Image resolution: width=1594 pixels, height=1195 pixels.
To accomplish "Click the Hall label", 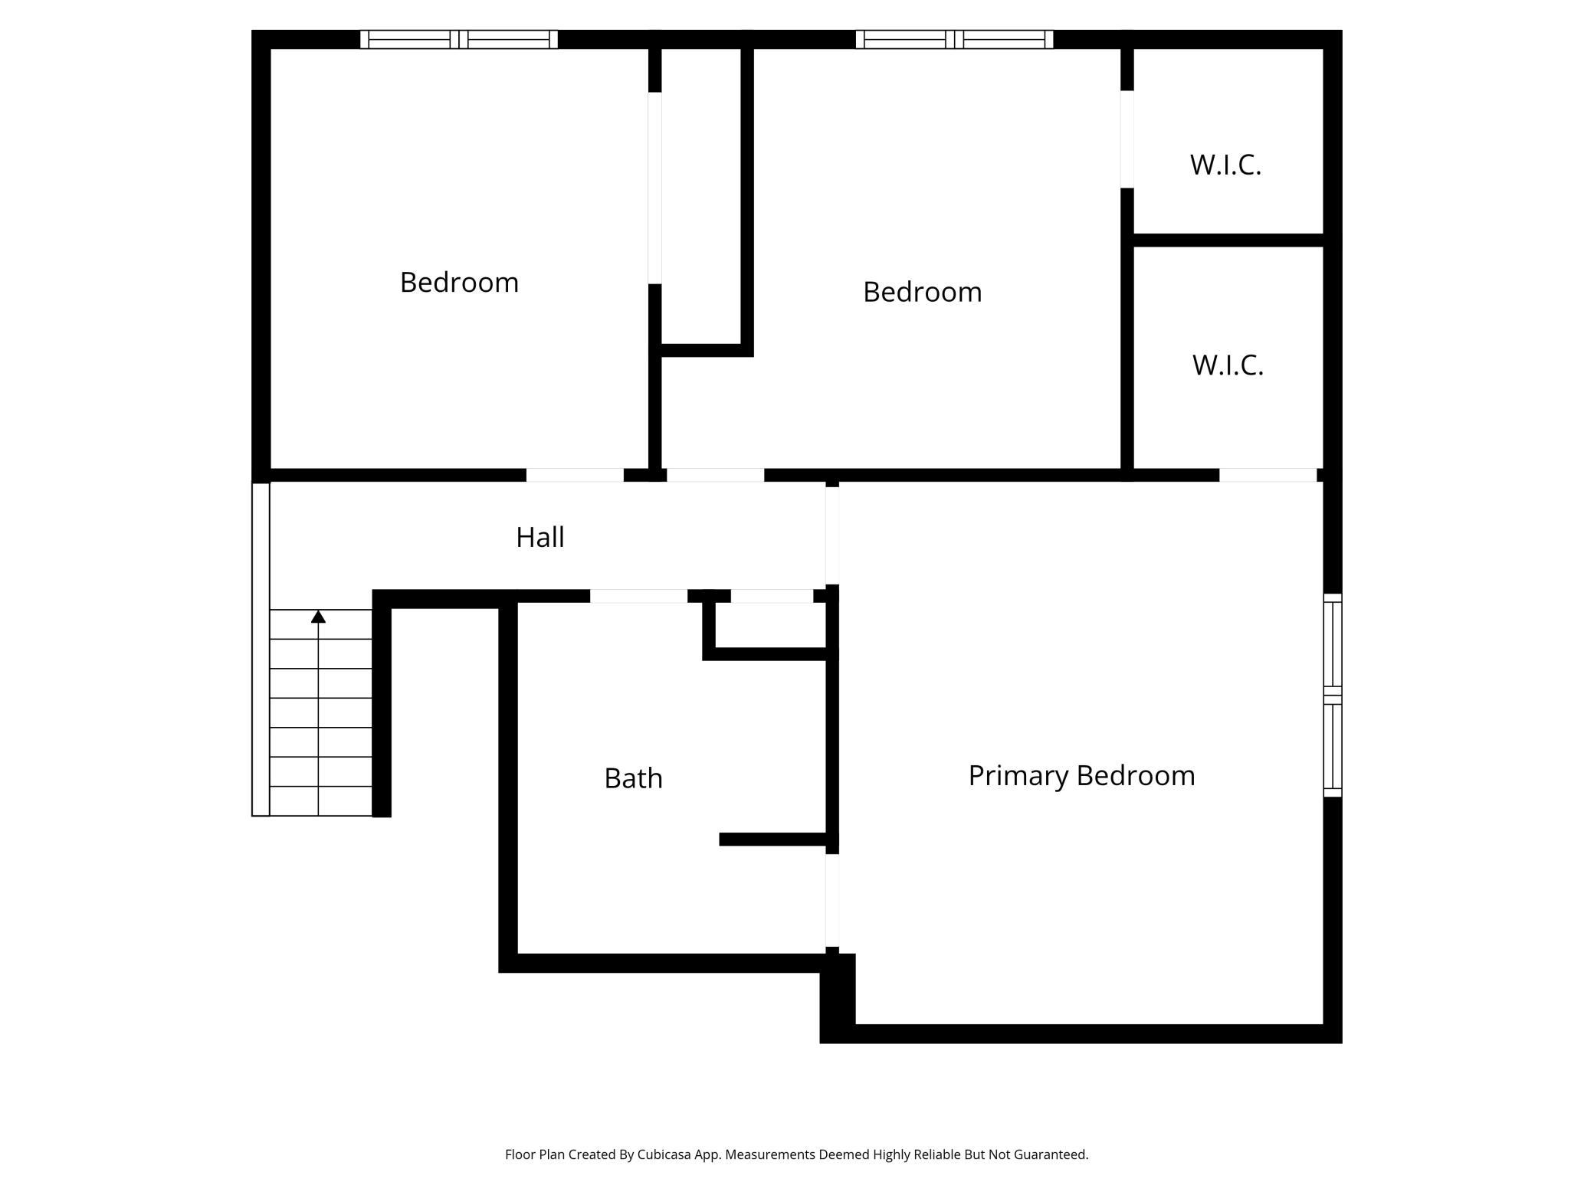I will pos(540,538).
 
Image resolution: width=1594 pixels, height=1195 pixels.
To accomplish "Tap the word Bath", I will pos(633,778).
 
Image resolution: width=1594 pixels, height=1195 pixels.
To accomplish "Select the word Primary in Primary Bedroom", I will pos(1018,776).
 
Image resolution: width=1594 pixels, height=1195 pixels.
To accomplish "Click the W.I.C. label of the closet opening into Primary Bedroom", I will pos(1228,365).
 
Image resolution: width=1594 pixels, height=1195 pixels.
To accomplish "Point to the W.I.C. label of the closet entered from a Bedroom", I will pos(1225,165).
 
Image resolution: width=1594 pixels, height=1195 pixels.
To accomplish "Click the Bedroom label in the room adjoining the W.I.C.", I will pos(922,292).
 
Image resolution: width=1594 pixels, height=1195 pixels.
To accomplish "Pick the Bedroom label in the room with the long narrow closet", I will pos(459,283).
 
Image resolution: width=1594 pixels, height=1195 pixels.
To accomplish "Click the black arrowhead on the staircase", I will pos(318,617).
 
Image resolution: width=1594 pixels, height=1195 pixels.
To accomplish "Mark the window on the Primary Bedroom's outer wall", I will pos(1333,695).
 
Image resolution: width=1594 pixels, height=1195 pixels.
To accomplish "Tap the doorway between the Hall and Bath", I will pos(638,596).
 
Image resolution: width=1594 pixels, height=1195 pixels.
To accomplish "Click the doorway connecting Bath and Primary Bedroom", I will pos(831,901).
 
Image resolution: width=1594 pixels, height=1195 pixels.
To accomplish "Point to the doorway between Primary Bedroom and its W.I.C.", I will pos(1268,475).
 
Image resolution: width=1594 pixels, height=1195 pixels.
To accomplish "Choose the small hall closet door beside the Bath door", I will pos(771,596).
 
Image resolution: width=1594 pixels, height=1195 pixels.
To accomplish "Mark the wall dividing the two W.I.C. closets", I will pos(1228,240).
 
